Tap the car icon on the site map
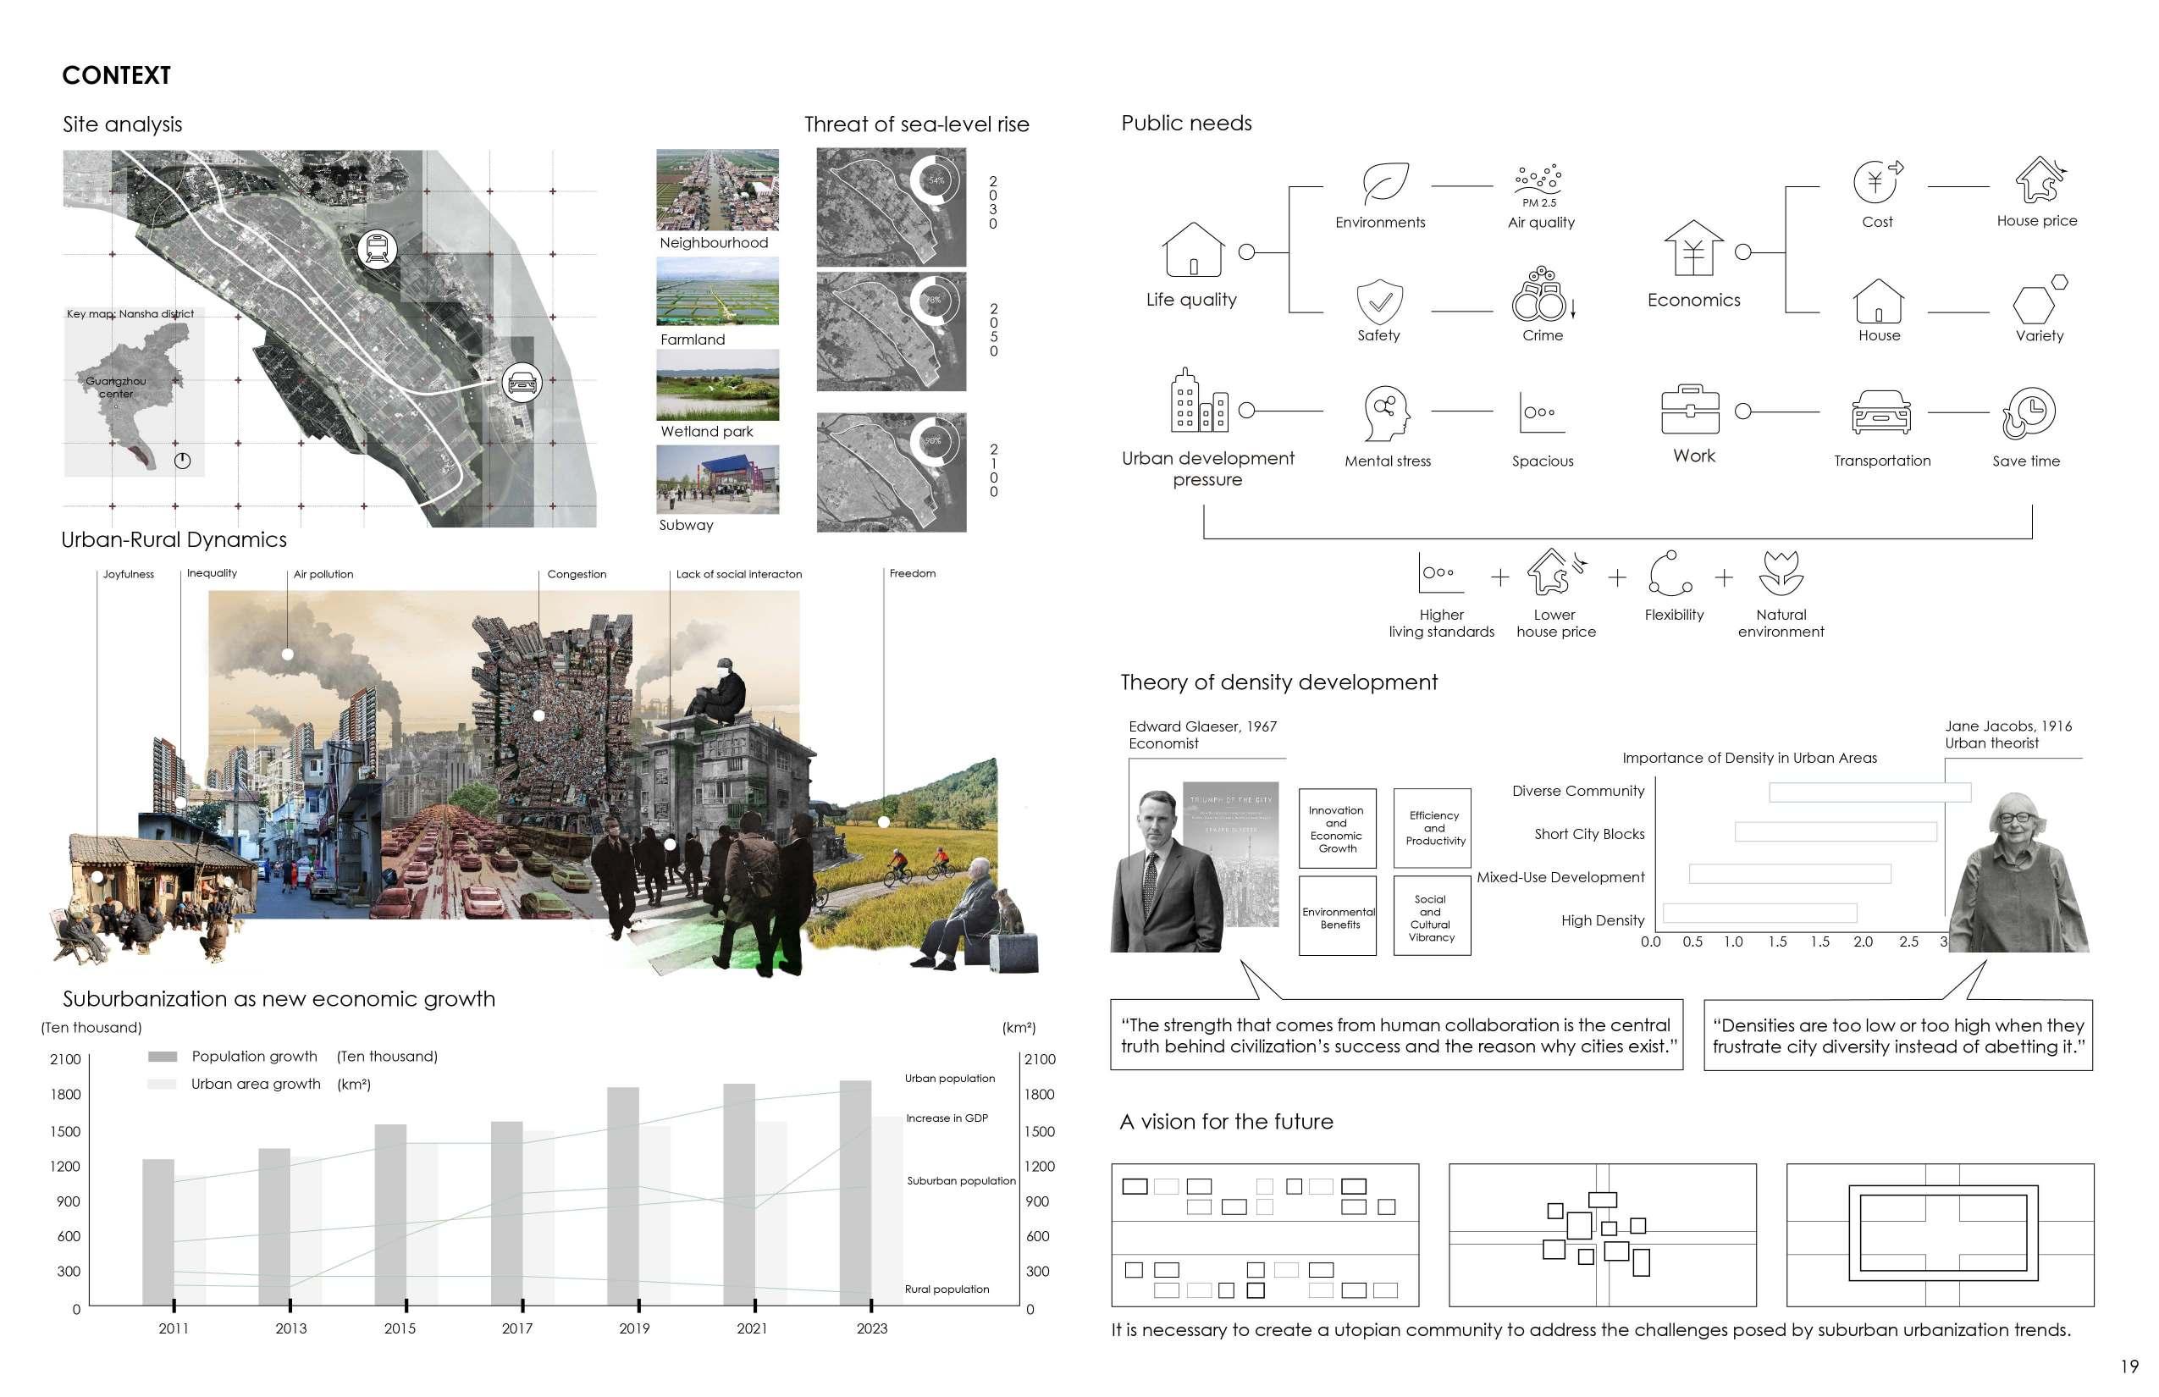(522, 383)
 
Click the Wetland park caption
(707, 432)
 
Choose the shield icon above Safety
(1379, 301)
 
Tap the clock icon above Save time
(2029, 413)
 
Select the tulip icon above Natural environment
(1781, 573)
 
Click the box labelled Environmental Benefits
(1338, 916)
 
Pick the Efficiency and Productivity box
(1433, 827)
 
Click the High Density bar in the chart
(1759, 913)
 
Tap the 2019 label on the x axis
(634, 1329)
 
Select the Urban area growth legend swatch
(162, 1084)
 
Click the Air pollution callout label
(323, 574)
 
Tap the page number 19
(2129, 1367)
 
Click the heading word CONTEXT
(116, 75)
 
